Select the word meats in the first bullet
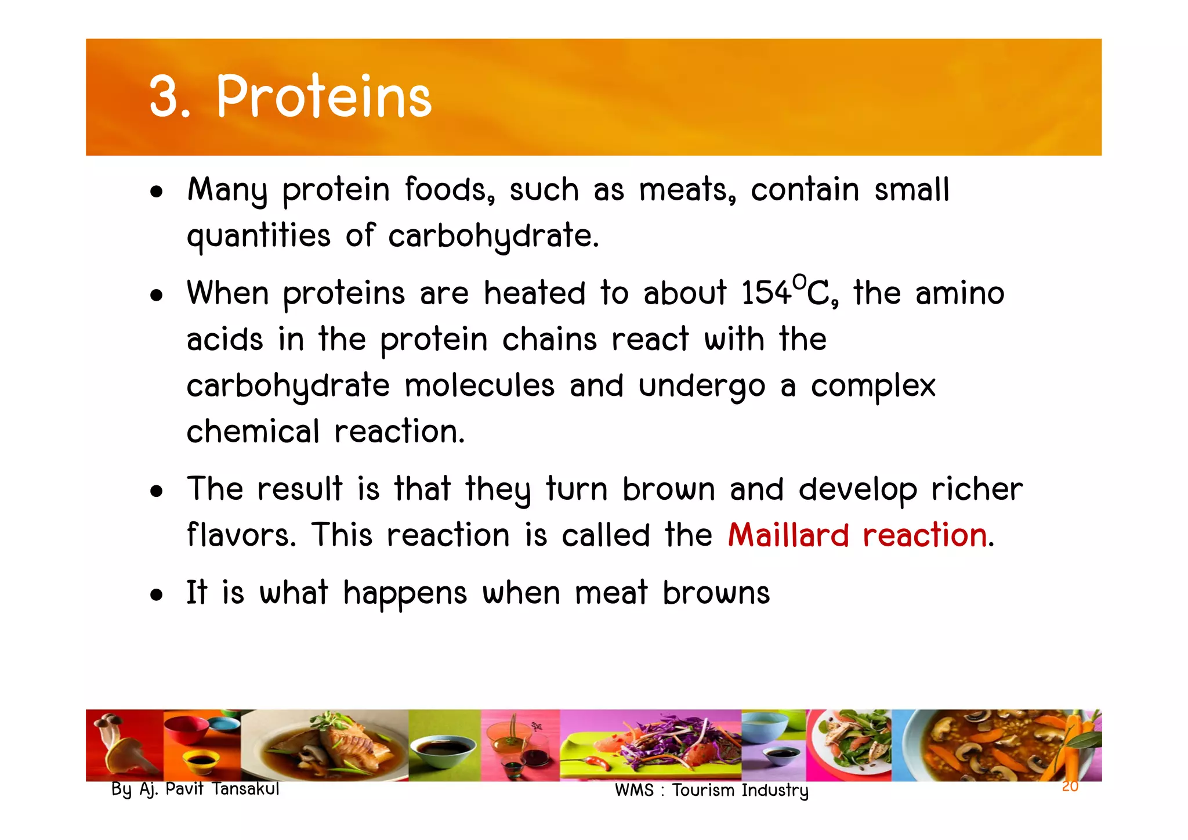pos(687,190)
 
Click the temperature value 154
pos(766,293)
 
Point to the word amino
pos(959,293)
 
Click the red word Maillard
pos(788,535)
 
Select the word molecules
pos(479,386)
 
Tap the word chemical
pos(253,432)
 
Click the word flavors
pos(241,535)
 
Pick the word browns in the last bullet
pos(716,593)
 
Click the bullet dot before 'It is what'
pos(156,596)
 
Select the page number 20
pos(1070,787)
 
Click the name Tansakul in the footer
pos(245,789)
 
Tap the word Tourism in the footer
pos(704,791)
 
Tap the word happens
pos(404,593)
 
